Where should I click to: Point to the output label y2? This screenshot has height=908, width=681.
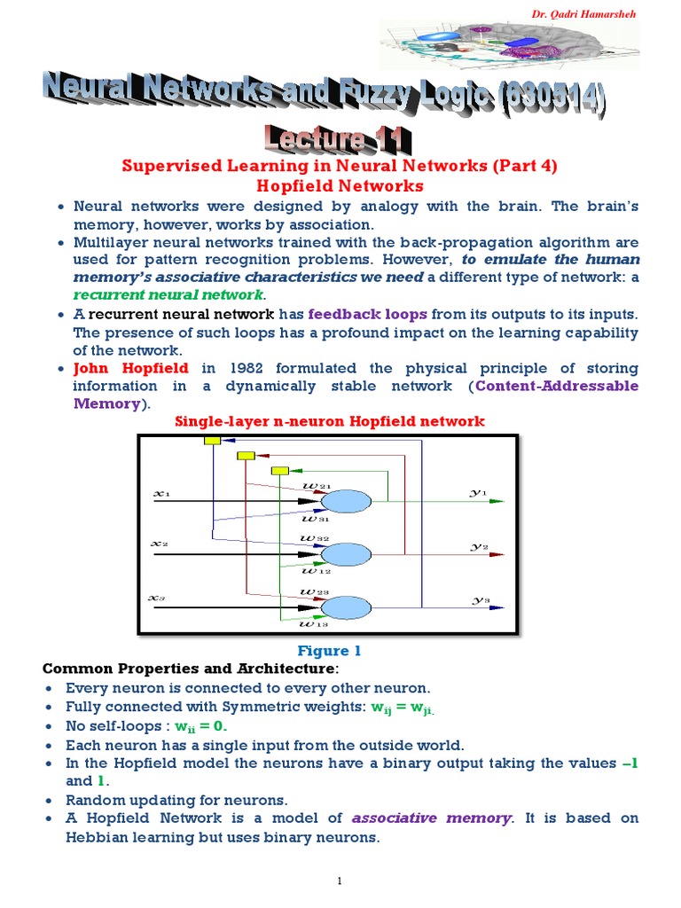[479, 546]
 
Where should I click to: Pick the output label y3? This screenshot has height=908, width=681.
[479, 599]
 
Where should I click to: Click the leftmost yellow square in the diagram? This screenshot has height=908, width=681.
[212, 440]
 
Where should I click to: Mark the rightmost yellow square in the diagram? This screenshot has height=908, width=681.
[279, 470]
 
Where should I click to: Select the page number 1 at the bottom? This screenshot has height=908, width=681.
[340, 880]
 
